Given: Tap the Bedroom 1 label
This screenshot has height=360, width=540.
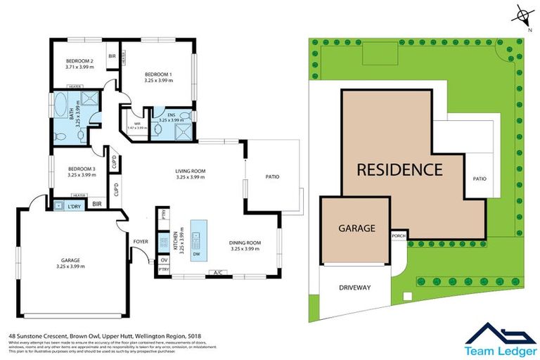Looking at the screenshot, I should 158,75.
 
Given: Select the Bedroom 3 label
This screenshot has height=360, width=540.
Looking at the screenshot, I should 82,169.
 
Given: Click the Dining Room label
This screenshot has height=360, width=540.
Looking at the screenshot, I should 245,243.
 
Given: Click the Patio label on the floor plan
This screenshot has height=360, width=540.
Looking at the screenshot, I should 272,176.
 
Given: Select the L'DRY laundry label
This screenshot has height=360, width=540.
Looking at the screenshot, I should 74,205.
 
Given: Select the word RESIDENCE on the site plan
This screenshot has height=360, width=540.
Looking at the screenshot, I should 399,169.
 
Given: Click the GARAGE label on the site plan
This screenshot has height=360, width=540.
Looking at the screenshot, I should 356,228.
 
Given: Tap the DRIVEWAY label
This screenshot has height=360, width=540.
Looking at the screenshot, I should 354,288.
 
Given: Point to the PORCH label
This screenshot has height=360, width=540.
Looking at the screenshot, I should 399,236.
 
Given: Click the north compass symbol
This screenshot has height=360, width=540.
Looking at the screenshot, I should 522,15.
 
